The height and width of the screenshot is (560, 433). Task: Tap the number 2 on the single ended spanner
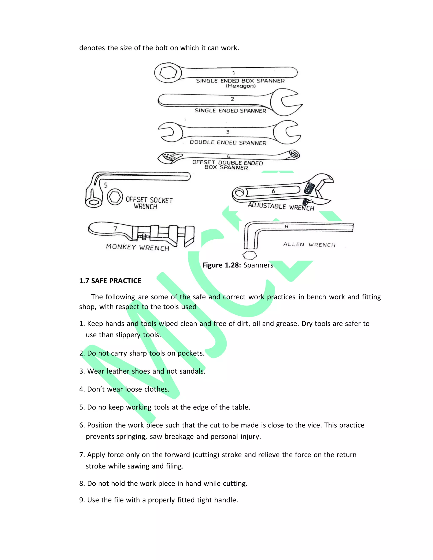[232, 99]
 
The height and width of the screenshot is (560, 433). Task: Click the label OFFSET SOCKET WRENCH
[149, 203]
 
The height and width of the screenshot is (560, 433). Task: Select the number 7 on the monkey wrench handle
[115, 228]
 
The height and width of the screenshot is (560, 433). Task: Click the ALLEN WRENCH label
[309, 245]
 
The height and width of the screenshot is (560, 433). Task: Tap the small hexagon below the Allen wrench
[249, 255]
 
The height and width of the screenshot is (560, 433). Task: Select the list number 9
[82, 500]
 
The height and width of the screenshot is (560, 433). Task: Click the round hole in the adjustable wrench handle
[239, 193]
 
